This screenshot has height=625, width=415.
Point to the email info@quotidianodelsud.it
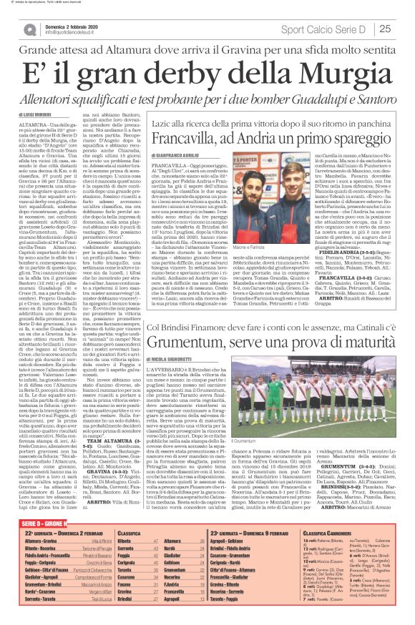point(71,33)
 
